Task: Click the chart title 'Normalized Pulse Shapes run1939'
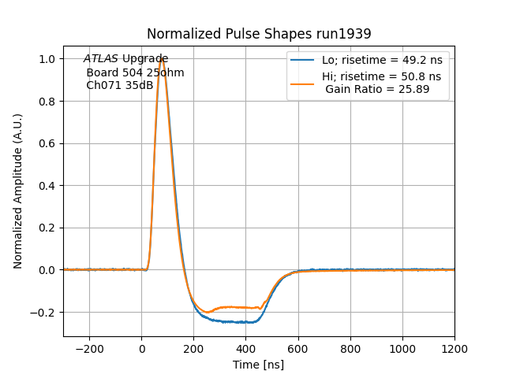pyautogui.click(x=259, y=34)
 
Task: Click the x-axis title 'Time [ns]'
pyautogui.click(x=259, y=365)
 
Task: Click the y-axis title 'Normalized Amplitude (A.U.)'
pyautogui.click(x=18, y=191)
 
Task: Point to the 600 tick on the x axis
pyautogui.click(x=298, y=337)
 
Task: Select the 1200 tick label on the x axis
pyautogui.click(x=454, y=349)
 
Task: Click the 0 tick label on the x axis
pyautogui.click(x=142, y=349)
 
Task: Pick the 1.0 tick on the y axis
pyautogui.click(x=64, y=59)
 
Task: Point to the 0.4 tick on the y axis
pyautogui.click(x=64, y=186)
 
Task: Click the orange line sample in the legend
pyautogui.click(x=303, y=83)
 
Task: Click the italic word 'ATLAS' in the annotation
pyautogui.click(x=101, y=59)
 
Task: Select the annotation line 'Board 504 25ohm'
pyautogui.click(x=135, y=72)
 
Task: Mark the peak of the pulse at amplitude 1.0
pyautogui.click(x=162, y=59)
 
